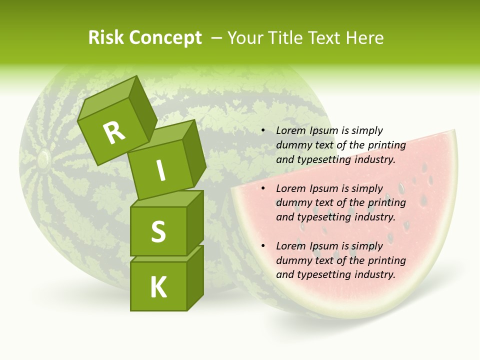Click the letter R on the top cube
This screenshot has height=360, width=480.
pos(114,132)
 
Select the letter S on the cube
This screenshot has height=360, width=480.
pos(158,231)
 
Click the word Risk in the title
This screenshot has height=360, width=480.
pos(106,38)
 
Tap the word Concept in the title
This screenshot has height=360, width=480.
pos(165,38)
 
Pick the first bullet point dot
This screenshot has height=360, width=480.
pos(263,131)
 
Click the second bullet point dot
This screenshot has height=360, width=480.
pos(263,188)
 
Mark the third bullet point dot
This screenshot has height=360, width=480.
pos(263,246)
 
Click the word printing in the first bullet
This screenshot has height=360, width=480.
pos(386,145)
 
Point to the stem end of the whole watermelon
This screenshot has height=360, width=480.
pos(42,159)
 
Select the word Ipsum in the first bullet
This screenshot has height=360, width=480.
pos(324,131)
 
